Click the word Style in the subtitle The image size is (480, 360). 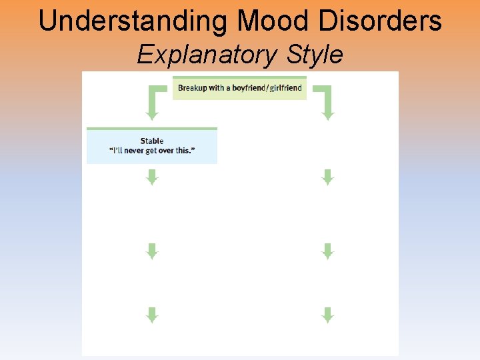315,55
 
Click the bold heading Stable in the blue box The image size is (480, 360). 152,141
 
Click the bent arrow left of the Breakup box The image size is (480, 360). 155,101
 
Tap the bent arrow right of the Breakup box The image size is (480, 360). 325,101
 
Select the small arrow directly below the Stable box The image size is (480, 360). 152,177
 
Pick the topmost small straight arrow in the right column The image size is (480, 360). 327,177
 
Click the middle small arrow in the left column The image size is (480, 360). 152,251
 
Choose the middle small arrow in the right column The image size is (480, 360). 327,251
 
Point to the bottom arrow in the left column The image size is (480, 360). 152,315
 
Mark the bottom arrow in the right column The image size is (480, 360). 327,315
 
